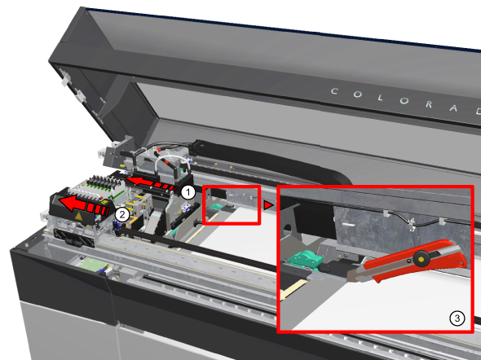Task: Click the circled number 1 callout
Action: point(188,192)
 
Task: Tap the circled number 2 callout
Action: point(122,215)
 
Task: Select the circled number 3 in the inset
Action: point(457,318)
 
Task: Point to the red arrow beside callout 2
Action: point(83,204)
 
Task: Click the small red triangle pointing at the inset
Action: point(267,205)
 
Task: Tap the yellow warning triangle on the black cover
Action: point(79,217)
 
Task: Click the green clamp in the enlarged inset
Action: point(305,260)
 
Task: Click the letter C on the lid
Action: point(334,91)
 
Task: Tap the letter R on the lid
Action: point(429,104)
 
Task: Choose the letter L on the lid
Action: point(381,98)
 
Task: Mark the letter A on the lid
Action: point(454,108)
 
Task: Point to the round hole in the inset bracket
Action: point(288,228)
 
